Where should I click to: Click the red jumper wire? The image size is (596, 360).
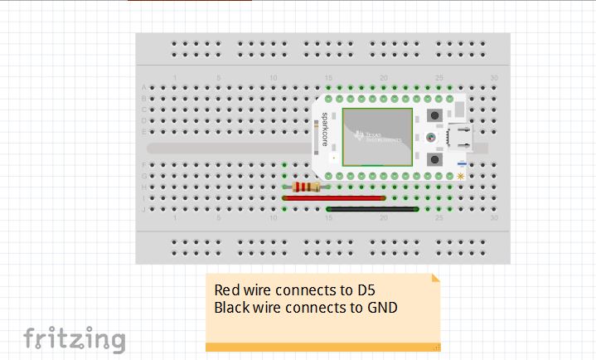pyautogui.click(x=333, y=198)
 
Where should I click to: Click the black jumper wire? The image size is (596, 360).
pyautogui.click(x=373, y=209)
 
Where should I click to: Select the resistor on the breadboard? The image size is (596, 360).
pyautogui.click(x=306, y=187)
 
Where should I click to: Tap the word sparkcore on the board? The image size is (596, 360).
pyautogui.click(x=324, y=132)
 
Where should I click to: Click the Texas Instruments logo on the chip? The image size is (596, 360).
pyautogui.click(x=378, y=136)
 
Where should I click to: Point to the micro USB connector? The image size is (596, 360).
pyautogui.click(x=457, y=137)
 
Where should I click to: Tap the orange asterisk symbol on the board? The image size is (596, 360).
pyautogui.click(x=460, y=176)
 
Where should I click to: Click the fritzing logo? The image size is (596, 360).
pyautogui.click(x=75, y=339)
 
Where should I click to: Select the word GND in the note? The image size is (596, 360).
pyautogui.click(x=382, y=308)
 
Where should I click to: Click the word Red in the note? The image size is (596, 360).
pyautogui.click(x=227, y=290)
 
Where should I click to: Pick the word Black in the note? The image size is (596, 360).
pyautogui.click(x=233, y=308)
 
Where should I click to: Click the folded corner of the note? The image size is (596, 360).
pyautogui.click(x=435, y=279)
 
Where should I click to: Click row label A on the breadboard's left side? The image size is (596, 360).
pyautogui.click(x=144, y=87)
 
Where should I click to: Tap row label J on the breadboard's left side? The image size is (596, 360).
pyautogui.click(x=144, y=209)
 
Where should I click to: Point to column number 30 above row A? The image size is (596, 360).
pyautogui.click(x=494, y=79)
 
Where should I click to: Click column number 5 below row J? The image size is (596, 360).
pyautogui.click(x=218, y=218)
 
